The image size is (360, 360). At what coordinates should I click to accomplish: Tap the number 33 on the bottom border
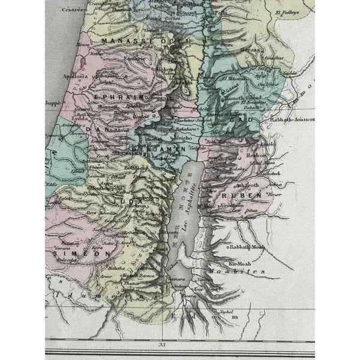click(x=161, y=344)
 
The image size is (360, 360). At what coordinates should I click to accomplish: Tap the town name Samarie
click(x=133, y=59)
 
